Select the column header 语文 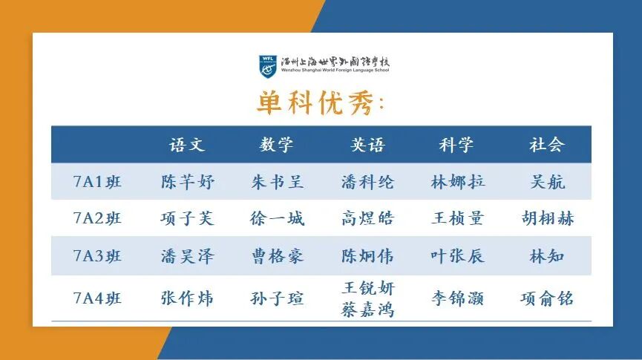coord(187,145)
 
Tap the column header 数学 coord(277,145)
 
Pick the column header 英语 coord(367,145)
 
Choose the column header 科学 coord(456,145)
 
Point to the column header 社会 coord(547,145)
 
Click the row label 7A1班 coord(97,182)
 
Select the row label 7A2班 coord(97,218)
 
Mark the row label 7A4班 coord(97,298)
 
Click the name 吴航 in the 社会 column coord(547,182)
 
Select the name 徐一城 coord(277,218)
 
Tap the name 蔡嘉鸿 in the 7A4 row coord(367,309)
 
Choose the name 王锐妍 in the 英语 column coord(367,289)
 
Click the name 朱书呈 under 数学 coord(277,182)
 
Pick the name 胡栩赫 coord(547,218)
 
